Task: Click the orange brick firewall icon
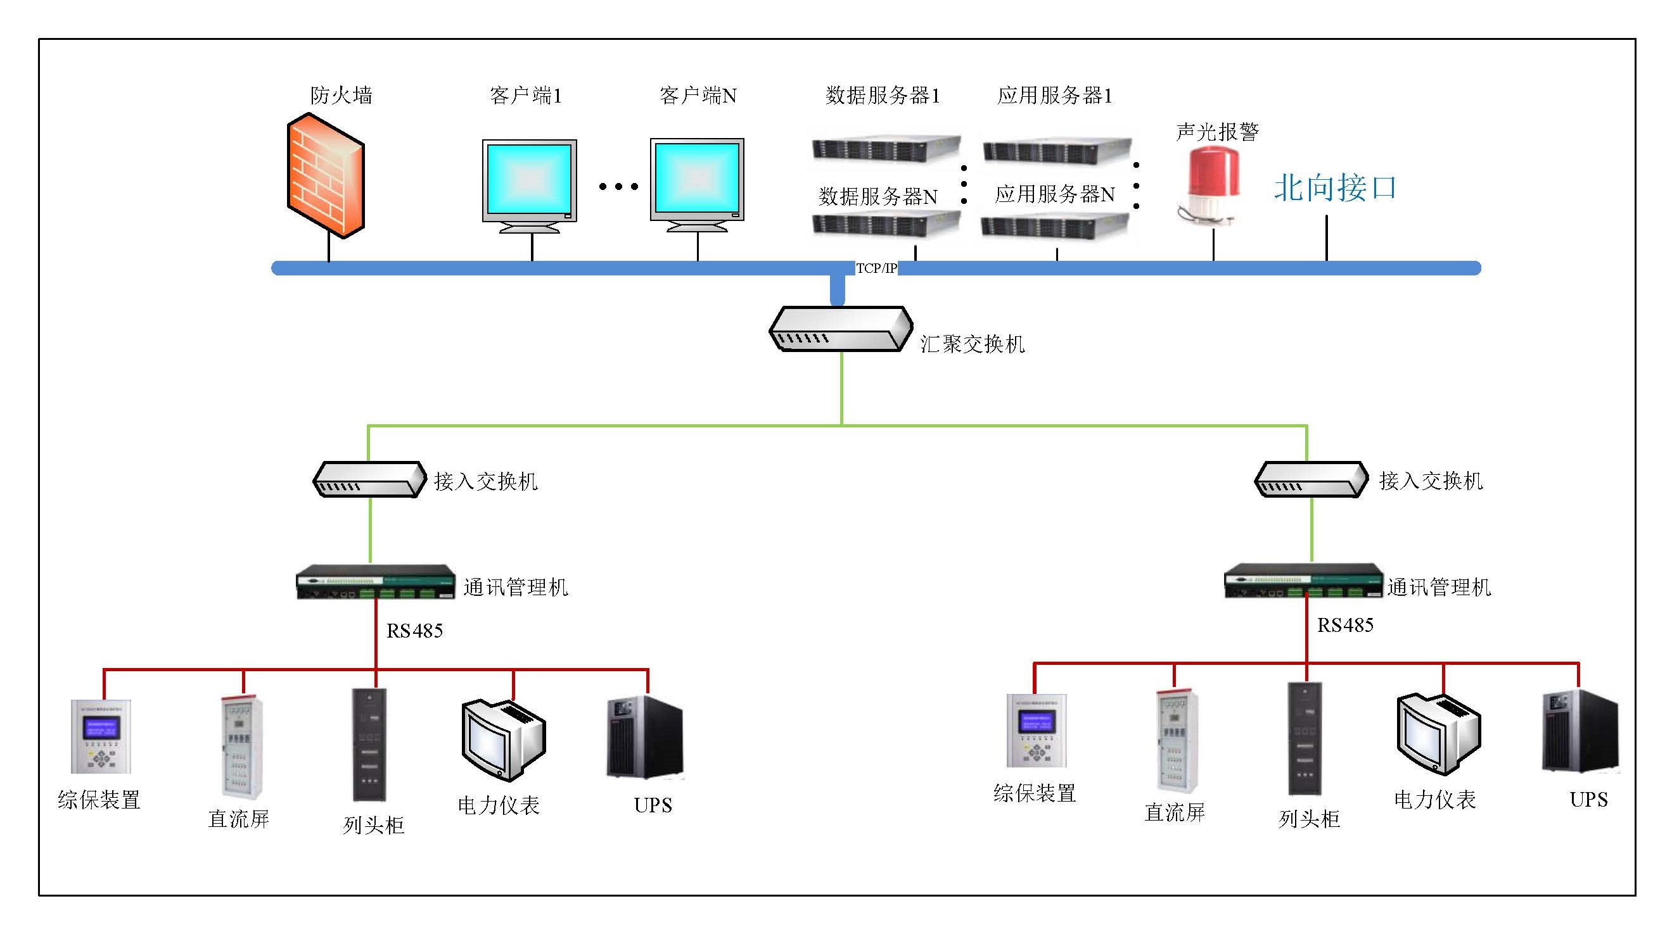click(326, 175)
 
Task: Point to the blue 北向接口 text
click(1334, 188)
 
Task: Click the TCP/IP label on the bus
click(876, 268)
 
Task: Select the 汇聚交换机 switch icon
click(841, 329)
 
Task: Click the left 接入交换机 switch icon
click(369, 479)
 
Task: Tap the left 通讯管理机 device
click(375, 581)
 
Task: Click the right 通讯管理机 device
click(1303, 581)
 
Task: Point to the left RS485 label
click(414, 631)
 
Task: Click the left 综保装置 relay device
click(101, 736)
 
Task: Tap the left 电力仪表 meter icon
click(503, 739)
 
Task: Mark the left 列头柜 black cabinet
click(369, 744)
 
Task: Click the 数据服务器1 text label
click(882, 96)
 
